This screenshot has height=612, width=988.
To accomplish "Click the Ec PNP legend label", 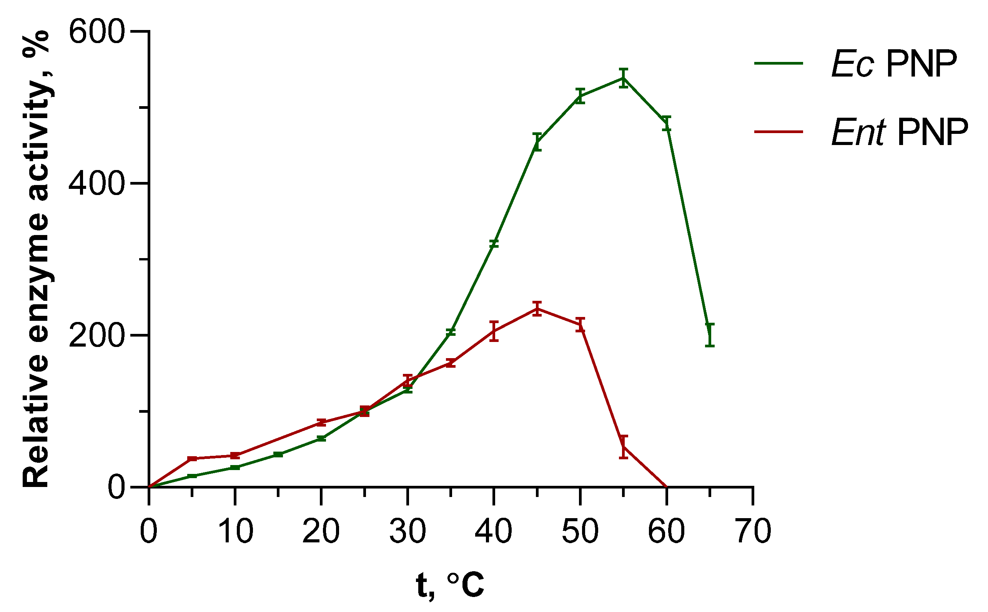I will [894, 64].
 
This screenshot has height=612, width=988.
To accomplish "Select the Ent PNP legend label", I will [900, 132].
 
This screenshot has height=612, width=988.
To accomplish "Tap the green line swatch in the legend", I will [778, 63].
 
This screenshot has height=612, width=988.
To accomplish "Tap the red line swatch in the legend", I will [778, 131].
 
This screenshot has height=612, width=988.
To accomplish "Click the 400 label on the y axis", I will [96, 183].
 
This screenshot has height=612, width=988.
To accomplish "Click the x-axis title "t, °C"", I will [450, 584].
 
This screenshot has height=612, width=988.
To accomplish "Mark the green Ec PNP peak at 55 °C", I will [624, 78].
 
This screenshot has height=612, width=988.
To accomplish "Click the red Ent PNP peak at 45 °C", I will [537, 309].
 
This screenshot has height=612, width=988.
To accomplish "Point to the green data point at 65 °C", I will [710, 335].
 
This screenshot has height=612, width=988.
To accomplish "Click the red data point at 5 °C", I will [192, 459].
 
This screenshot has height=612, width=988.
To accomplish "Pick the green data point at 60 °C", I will [667, 123].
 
